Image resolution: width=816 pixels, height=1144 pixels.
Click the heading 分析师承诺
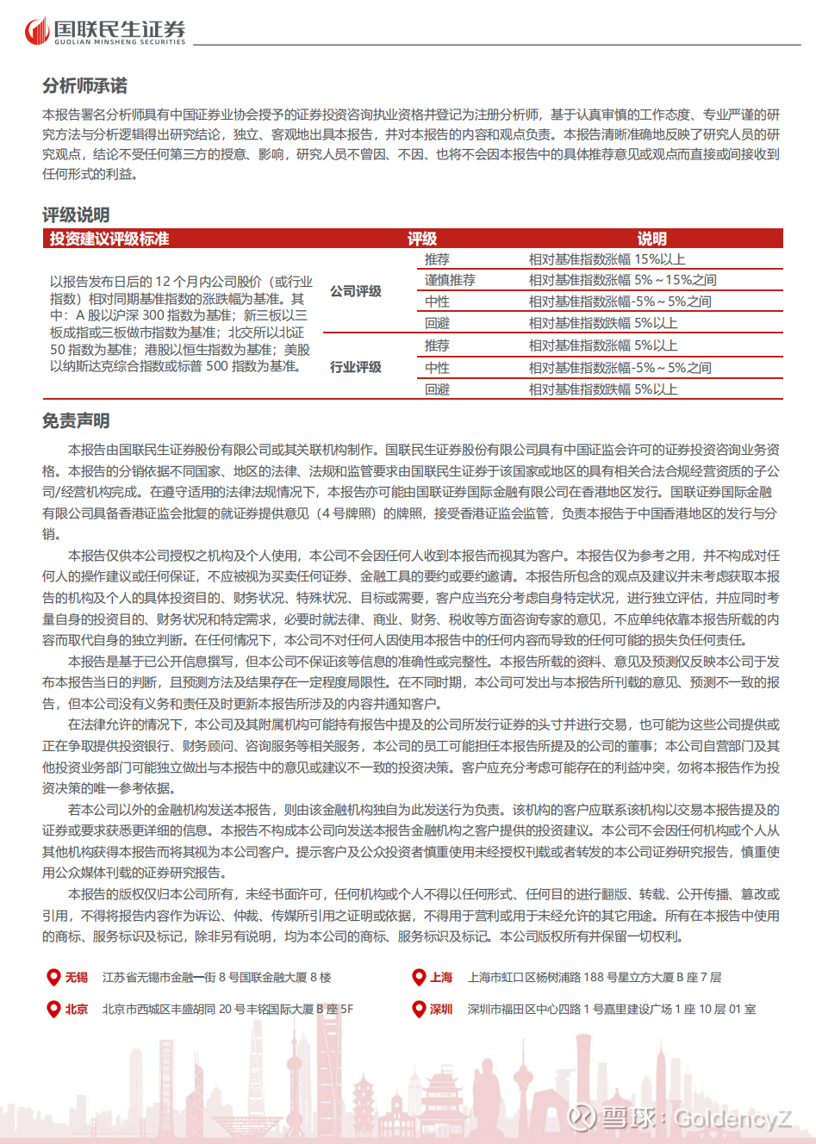coord(84,86)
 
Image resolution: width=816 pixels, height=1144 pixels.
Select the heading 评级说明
coord(76,214)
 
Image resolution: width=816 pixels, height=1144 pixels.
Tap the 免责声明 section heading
coord(76,420)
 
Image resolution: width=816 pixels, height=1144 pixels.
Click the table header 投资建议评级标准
coord(109,239)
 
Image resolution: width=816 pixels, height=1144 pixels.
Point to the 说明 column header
coord(651,239)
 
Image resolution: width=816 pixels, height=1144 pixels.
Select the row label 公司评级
coord(356,291)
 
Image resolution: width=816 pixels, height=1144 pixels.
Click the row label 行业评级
coord(356,367)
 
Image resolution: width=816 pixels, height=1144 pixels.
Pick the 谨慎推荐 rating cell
coord(449,280)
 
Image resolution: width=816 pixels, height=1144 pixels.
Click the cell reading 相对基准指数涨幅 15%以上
coord(607,259)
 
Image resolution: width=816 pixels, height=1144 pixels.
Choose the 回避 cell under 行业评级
coord(437,389)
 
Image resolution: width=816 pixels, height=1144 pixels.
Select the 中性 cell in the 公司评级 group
coord(437,302)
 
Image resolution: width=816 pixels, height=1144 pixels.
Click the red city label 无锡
coord(77,977)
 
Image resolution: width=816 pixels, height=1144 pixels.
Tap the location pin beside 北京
coord(53,1009)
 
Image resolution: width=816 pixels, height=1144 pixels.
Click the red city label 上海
coord(441,977)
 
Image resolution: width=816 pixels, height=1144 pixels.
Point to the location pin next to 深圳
coord(418,1009)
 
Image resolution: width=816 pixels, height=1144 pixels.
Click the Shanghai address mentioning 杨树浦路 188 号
coord(595,977)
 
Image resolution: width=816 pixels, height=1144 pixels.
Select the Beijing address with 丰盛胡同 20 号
coord(227,1009)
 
